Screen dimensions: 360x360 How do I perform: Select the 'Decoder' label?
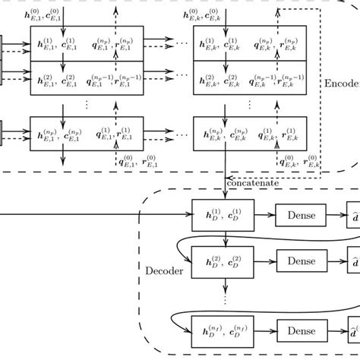point(163,269)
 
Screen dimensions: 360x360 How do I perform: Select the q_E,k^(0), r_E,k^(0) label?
point(300,161)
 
